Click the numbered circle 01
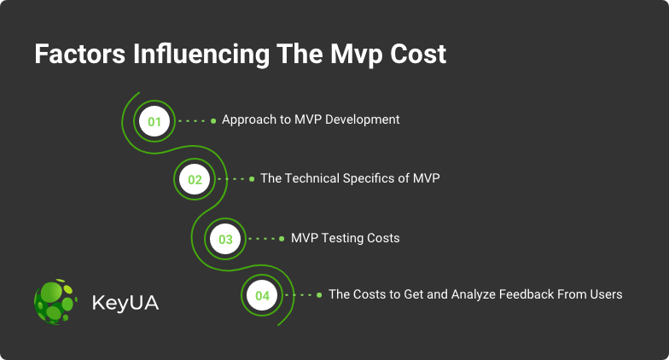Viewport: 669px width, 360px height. [x=154, y=121]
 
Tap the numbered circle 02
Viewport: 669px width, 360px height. [x=195, y=179]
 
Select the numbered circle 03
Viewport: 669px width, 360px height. [x=225, y=239]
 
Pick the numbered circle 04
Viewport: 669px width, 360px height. [x=262, y=295]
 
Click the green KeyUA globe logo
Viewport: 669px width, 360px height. [x=55, y=302]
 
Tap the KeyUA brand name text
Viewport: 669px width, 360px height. [x=125, y=303]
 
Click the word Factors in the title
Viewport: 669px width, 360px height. [x=80, y=55]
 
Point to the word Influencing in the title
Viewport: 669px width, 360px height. [x=201, y=55]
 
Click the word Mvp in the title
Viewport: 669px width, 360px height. [x=357, y=55]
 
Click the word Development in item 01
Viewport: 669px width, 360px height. [x=362, y=119]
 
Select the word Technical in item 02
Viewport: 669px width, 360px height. [x=312, y=177]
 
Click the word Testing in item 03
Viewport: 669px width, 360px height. [x=338, y=239]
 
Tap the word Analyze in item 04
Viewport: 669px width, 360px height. [x=473, y=295]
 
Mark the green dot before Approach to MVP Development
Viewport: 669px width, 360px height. [x=213, y=121]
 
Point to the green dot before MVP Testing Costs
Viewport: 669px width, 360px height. [x=282, y=239]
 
